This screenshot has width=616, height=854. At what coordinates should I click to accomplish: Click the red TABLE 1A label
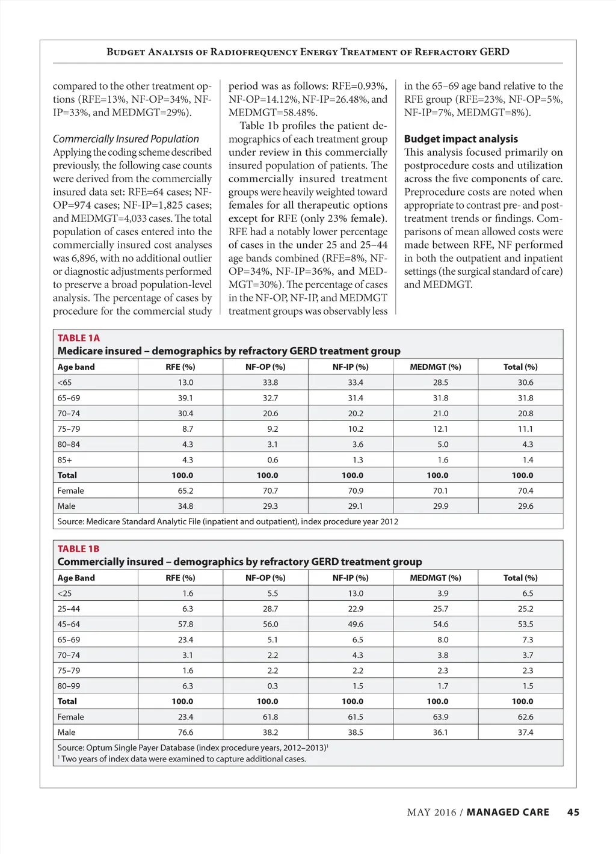point(78,338)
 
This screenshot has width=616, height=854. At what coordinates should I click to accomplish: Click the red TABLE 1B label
point(78,548)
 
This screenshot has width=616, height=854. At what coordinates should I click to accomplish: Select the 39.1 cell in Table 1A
point(185,398)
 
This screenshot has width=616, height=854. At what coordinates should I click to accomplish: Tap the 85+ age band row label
point(64,460)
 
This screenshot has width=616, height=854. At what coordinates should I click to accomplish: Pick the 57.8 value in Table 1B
point(185,624)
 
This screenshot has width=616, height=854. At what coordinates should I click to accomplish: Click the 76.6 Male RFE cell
point(185,733)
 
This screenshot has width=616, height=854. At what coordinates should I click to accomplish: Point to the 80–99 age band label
point(69,686)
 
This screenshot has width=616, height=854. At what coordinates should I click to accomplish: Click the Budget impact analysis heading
point(461,139)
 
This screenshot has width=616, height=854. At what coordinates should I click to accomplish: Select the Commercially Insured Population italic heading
point(126,139)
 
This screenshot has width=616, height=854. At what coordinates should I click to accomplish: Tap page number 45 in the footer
point(573,813)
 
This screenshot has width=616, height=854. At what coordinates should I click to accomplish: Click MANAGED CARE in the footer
point(508,813)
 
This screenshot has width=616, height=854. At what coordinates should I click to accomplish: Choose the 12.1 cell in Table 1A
point(440,429)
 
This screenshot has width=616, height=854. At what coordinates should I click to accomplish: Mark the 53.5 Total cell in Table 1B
point(525,624)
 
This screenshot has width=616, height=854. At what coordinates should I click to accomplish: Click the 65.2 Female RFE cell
point(185,491)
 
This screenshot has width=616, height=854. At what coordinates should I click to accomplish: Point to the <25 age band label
point(64,594)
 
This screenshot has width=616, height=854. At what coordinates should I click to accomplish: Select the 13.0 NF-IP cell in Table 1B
point(356,594)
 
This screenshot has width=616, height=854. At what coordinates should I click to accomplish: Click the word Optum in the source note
point(99,748)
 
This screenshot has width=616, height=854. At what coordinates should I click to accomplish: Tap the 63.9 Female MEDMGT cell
point(440,717)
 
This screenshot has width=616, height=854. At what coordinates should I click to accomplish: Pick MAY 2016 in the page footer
point(431,813)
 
